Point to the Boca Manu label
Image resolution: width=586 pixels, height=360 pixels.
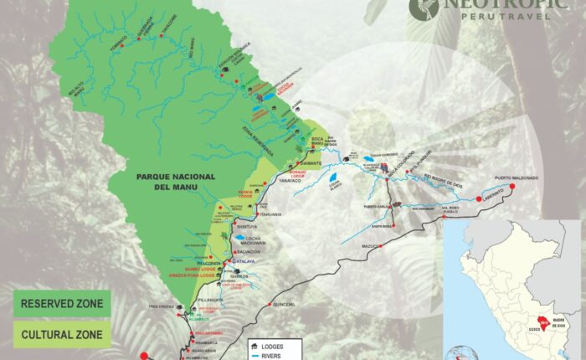(311, 139)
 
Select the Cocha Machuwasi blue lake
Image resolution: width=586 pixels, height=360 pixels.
(240, 238)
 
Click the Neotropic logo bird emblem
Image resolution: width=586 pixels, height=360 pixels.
(424, 8)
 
